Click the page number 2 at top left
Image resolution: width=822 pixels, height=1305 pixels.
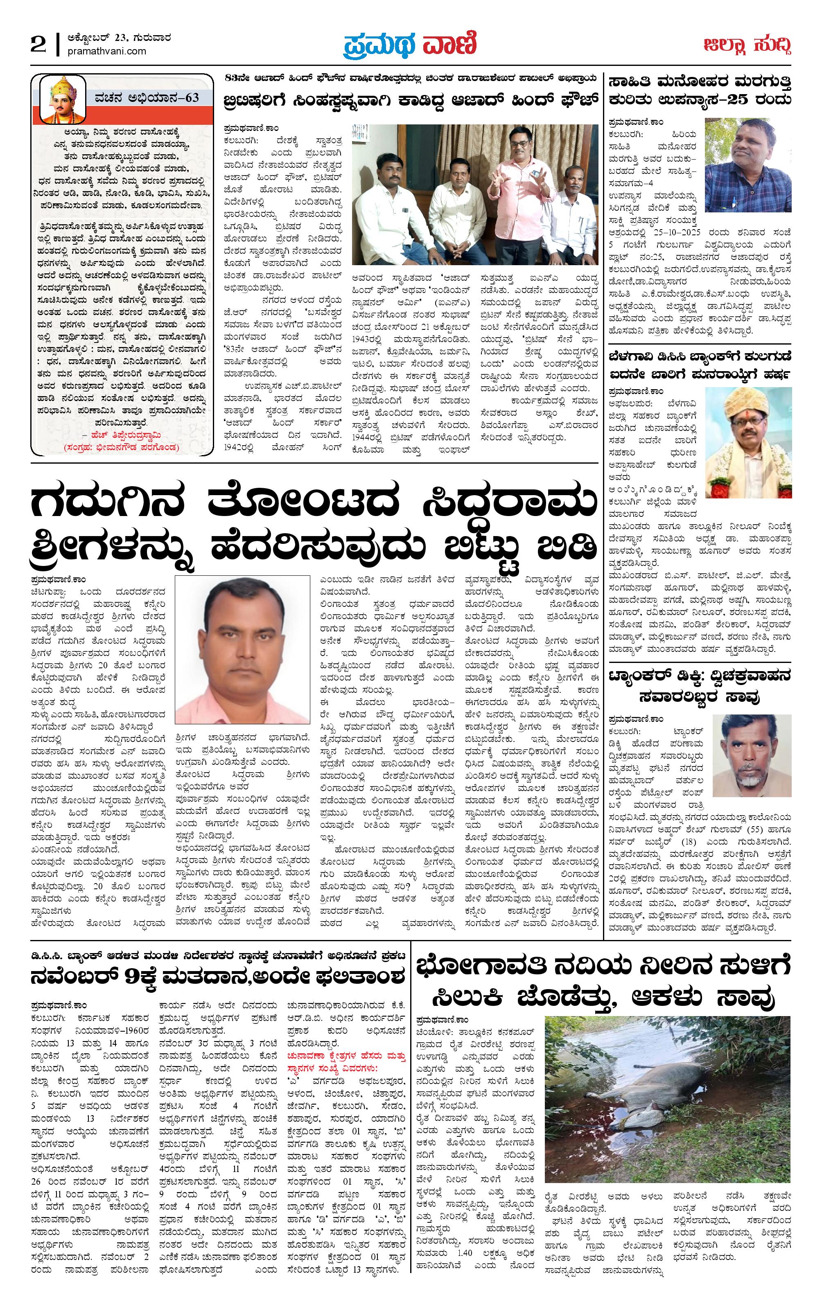(x=38, y=45)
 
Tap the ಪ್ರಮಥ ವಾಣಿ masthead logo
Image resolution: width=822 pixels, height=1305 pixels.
(x=410, y=45)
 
